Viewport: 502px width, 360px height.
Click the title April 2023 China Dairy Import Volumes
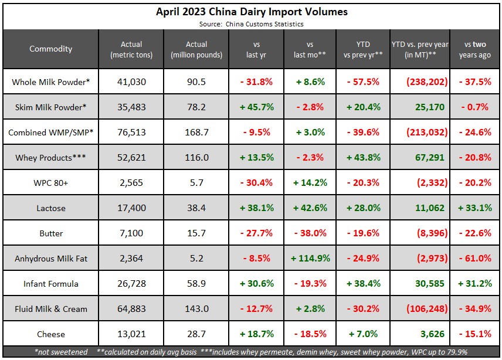pos(250,11)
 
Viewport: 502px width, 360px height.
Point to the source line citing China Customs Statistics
pos(250,24)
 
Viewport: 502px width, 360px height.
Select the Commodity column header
pos(51,49)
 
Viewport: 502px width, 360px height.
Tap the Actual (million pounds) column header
pos(196,49)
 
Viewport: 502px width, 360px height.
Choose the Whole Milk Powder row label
pos(51,82)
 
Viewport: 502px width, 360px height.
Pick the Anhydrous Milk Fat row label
pos(51,259)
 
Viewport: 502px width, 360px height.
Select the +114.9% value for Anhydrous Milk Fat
pos(310,259)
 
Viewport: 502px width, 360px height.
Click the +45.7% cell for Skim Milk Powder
pos(257,107)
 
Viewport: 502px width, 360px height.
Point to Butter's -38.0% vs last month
pos(310,233)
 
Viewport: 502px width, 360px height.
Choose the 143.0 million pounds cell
pos(196,309)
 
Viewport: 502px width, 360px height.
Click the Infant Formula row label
pos(51,284)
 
